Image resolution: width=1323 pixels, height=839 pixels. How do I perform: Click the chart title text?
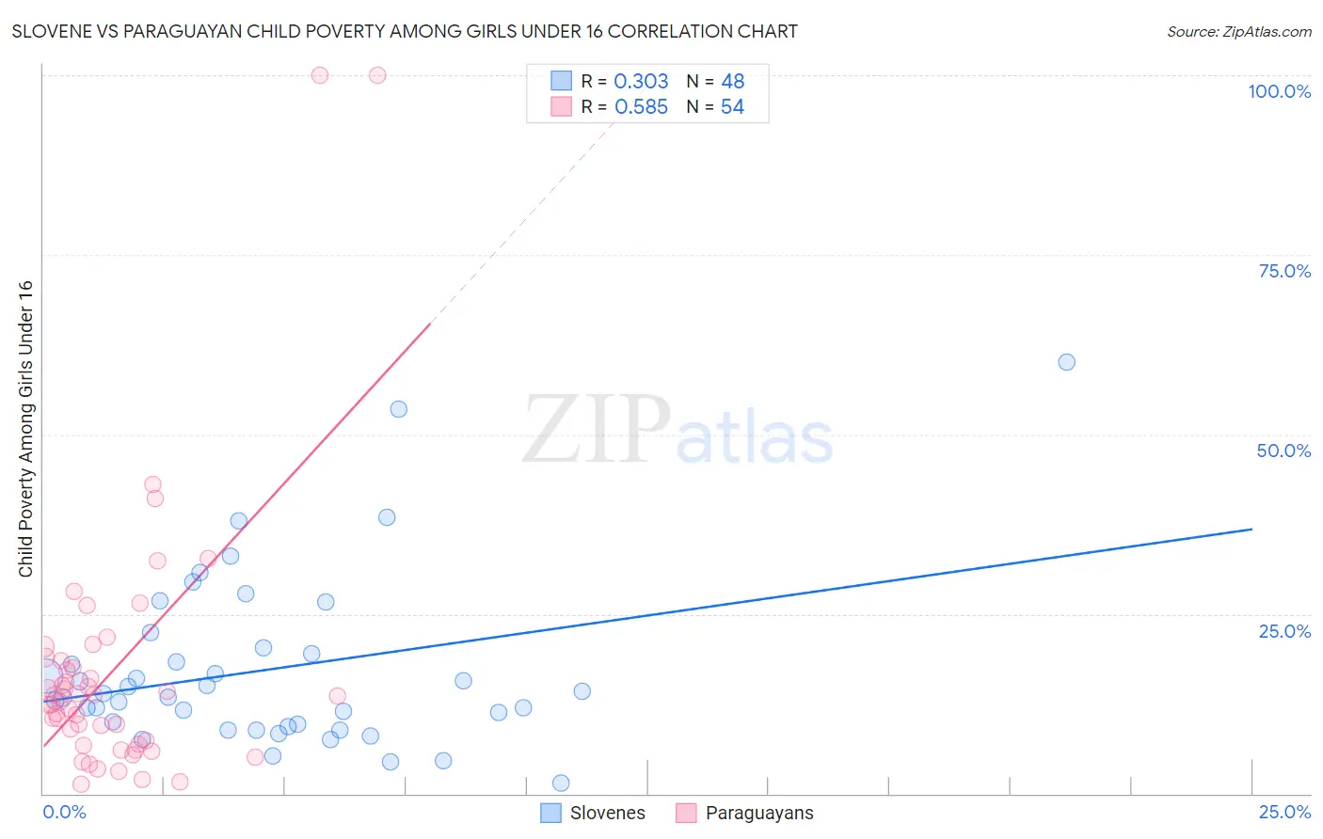click(x=405, y=32)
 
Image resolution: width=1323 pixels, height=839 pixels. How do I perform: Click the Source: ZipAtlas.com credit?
click(x=1238, y=32)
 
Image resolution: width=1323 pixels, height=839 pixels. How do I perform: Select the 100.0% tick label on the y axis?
click(x=1279, y=91)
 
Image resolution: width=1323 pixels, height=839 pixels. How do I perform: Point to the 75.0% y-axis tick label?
click(x=1284, y=271)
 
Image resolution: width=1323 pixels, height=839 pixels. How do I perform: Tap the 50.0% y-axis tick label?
click(x=1283, y=451)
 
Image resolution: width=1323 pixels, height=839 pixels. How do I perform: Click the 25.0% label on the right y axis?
click(x=1284, y=631)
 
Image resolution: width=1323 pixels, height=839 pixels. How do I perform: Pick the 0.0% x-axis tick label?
click(x=64, y=812)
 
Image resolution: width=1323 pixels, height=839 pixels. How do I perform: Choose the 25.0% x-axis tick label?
click(x=1284, y=812)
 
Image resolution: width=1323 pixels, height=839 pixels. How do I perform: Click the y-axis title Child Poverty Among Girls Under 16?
click(x=25, y=429)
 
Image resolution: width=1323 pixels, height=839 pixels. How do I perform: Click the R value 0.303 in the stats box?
click(x=641, y=82)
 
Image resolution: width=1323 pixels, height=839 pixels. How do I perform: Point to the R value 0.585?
click(x=641, y=107)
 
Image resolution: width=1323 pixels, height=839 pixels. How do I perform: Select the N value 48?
click(x=732, y=82)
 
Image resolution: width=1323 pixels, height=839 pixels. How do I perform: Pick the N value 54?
click(x=732, y=107)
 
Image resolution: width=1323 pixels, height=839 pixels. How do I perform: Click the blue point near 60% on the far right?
click(x=1066, y=362)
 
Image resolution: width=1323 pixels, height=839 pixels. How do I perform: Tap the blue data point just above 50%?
click(x=398, y=409)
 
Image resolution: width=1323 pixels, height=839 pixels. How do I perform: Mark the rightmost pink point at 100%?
click(x=377, y=75)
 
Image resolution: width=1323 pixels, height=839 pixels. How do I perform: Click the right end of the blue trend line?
click(x=1251, y=530)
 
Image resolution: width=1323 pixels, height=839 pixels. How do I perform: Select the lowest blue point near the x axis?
click(x=561, y=783)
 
